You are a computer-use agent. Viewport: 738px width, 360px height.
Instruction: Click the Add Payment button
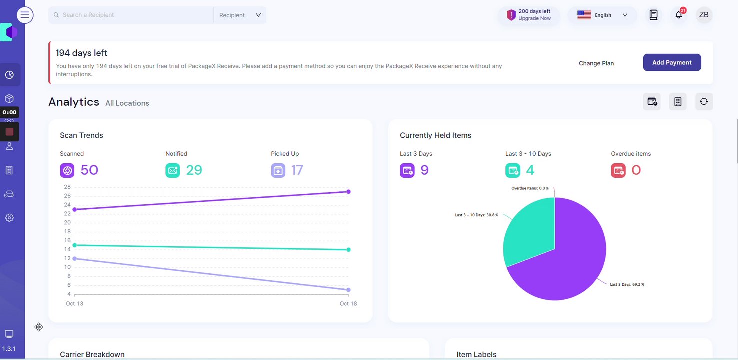point(672,63)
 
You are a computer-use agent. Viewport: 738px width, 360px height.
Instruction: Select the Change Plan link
point(596,63)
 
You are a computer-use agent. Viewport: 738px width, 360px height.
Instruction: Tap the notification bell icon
point(678,15)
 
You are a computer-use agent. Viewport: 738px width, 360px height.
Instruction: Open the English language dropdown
point(602,15)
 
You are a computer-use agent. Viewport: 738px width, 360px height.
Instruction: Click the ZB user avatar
point(704,15)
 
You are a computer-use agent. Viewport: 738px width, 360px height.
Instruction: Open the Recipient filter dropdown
point(240,15)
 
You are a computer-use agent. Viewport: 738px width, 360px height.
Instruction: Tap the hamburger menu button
point(25,15)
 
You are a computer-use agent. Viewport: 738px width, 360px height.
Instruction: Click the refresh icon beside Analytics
point(704,102)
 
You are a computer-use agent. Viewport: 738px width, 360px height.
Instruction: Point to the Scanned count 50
point(89,170)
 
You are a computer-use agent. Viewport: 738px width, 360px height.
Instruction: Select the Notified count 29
point(194,170)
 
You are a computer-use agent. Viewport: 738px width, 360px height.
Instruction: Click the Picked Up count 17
point(297,170)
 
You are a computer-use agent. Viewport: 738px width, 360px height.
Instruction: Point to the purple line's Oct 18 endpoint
point(348,192)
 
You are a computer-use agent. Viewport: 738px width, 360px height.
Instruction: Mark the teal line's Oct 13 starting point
point(75,245)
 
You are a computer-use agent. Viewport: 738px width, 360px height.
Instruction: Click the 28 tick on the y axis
point(67,187)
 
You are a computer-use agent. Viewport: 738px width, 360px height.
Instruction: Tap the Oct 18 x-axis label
point(348,304)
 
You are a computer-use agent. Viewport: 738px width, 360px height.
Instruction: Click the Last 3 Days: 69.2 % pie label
point(627,284)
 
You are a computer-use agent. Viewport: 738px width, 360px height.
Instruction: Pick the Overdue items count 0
point(636,170)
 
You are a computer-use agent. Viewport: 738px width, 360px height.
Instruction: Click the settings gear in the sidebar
point(9,218)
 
